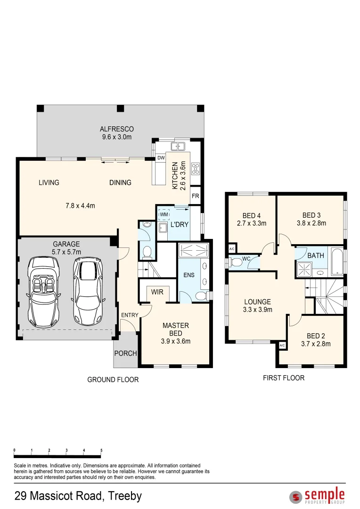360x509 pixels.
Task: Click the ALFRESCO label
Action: coord(117,129)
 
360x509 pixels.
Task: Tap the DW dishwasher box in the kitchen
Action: coord(161,158)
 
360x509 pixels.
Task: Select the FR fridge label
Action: coord(195,196)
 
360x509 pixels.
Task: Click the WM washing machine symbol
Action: coord(164,214)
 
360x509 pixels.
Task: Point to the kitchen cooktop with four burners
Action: coord(196,169)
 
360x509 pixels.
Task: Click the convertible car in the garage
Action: coord(43,292)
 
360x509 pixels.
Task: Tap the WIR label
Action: coord(157,292)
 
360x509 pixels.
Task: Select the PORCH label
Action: coord(125,353)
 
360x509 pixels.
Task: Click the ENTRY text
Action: coord(130,315)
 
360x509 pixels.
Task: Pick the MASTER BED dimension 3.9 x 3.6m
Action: coord(176,341)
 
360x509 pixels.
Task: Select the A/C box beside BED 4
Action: coord(232,249)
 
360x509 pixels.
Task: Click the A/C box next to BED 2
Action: coord(282,345)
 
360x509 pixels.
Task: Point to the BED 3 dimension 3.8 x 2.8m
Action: coord(311,223)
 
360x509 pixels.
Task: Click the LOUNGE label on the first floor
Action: coord(257,302)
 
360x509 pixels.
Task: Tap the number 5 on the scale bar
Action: coord(101,450)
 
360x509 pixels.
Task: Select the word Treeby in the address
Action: coord(125,496)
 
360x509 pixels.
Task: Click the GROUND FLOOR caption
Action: coord(113,379)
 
